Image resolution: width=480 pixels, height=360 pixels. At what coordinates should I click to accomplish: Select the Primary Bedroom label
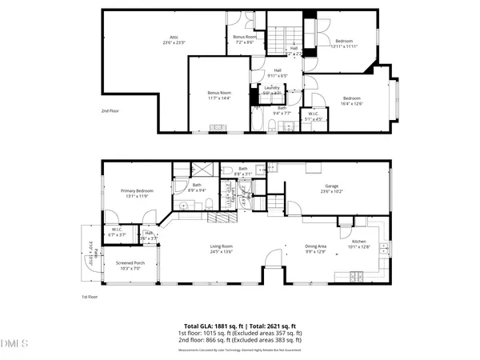coord(137,193)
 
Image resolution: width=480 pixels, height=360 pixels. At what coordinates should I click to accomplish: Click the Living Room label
coord(222,248)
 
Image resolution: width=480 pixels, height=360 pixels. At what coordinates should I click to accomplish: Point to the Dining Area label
coord(316,248)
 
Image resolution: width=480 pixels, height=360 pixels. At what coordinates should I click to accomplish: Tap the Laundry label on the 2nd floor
coord(272,90)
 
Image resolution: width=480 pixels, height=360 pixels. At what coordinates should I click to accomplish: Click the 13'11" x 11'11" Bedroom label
coord(344,43)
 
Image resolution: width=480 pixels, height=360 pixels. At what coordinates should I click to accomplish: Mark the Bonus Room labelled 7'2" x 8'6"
coord(245,38)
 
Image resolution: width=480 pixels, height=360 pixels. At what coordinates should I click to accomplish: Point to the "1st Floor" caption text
coord(89,297)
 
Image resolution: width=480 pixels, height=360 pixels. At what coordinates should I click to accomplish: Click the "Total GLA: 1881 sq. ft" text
coord(211,326)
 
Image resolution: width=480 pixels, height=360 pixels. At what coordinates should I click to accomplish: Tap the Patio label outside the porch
coord(90,247)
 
